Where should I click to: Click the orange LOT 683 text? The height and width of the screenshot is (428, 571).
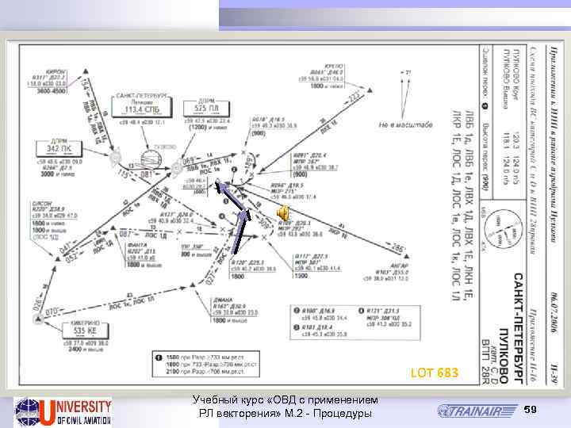(x=434, y=373)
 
